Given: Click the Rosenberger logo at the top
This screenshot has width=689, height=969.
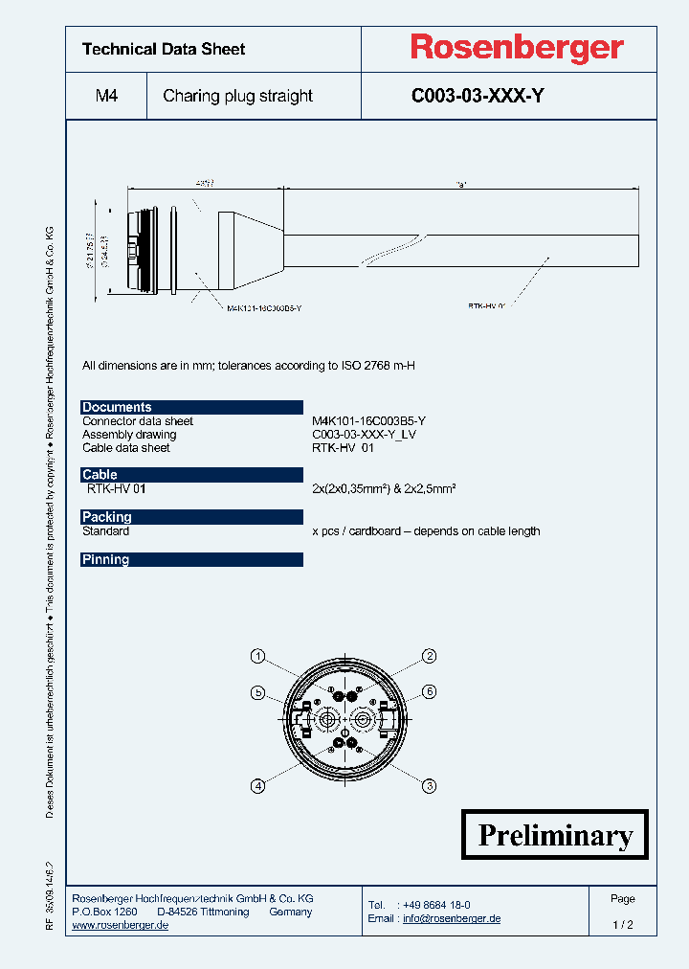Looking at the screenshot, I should click(x=517, y=47).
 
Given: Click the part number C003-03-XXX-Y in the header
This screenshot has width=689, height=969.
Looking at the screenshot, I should click(x=478, y=96).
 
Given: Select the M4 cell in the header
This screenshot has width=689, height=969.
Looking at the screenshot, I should click(x=106, y=96).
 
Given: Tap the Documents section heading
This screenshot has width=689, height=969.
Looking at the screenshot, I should click(x=117, y=407).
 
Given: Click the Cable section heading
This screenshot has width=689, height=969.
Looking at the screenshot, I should click(x=100, y=474).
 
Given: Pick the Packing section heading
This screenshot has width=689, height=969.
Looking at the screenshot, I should click(x=106, y=517).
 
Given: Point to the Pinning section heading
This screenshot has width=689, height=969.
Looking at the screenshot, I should click(x=105, y=559).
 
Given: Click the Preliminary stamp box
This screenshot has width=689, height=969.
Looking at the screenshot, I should click(x=555, y=835).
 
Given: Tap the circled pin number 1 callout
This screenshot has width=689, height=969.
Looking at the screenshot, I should click(x=257, y=656).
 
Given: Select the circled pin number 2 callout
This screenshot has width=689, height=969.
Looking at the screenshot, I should click(x=431, y=656).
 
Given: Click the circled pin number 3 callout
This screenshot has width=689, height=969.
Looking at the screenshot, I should click(x=431, y=786).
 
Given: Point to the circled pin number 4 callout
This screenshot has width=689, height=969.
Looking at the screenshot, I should click(x=257, y=786).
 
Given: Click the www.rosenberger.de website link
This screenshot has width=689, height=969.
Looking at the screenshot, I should click(x=121, y=925).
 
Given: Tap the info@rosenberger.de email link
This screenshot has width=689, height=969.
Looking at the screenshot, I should click(x=452, y=918).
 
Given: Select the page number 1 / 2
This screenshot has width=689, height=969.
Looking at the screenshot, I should click(x=623, y=925).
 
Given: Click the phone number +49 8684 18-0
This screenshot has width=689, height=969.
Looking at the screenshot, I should click(x=436, y=905).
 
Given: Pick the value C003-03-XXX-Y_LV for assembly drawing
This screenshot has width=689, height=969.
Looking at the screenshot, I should click(x=365, y=435).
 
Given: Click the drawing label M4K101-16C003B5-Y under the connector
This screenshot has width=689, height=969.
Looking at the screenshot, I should click(x=265, y=308).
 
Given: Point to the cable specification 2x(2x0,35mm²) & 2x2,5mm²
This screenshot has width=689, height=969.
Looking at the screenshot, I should click(x=384, y=488).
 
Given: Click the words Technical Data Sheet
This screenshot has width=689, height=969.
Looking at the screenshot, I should click(x=164, y=49).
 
